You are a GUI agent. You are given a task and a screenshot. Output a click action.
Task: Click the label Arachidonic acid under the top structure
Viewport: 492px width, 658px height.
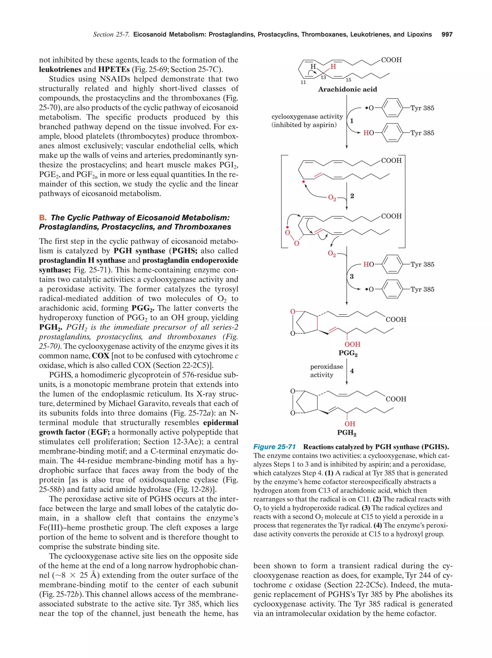tap(347, 89)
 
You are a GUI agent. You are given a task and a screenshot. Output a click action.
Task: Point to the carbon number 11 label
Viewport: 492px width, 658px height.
tap(303, 82)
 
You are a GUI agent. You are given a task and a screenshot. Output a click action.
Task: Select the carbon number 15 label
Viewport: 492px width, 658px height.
tap(348, 80)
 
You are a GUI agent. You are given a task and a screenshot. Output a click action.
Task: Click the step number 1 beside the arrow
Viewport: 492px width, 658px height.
tap(351, 121)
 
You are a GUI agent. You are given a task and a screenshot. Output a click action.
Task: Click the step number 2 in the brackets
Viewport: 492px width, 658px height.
tap(352, 196)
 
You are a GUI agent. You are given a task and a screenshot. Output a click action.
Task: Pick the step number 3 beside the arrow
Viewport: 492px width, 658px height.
tap(351, 276)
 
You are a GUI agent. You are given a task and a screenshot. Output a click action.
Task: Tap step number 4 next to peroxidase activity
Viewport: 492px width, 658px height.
tap(352, 371)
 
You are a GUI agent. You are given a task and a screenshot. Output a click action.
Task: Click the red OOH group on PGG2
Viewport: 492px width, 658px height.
tap(352, 344)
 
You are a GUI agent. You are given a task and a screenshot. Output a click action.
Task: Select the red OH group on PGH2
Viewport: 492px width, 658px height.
tap(350, 424)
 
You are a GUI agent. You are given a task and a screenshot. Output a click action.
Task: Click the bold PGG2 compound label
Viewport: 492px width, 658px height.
tap(348, 353)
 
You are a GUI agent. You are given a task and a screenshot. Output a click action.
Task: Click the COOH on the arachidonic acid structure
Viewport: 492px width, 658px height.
tap(391, 60)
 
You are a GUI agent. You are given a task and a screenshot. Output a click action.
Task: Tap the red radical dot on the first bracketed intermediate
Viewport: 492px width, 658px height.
tap(303, 181)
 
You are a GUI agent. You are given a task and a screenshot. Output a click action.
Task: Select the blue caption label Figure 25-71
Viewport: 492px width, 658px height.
tap(274, 447)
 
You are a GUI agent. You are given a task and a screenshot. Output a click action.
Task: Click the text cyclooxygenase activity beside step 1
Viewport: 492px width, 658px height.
tap(307, 117)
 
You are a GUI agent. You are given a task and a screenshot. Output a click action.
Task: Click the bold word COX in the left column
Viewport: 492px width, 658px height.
tap(101, 356)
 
